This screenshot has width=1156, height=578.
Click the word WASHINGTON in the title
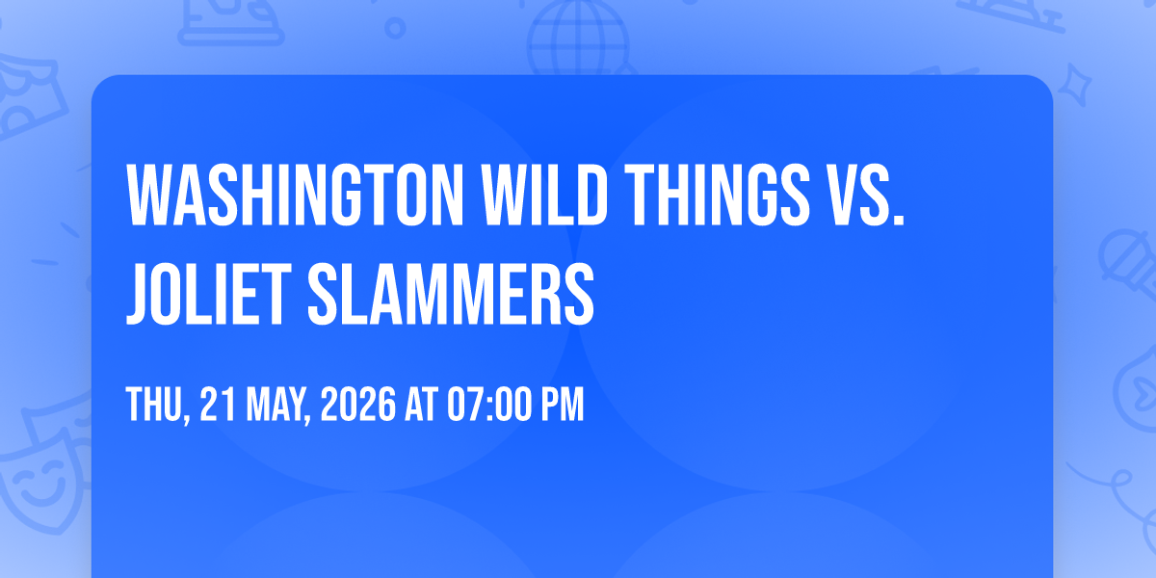pyautogui.click(x=295, y=195)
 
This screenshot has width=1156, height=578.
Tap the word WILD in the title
pyautogui.click(x=544, y=195)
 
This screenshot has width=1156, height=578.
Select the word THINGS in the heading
pyautogui.click(x=718, y=195)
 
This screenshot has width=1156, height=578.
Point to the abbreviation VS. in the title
pyautogui.click(x=867, y=195)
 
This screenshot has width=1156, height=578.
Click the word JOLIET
pyautogui.click(x=209, y=294)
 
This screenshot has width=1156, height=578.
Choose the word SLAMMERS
pyautogui.click(x=451, y=294)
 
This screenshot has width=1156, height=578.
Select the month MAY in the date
pyautogui.click(x=276, y=406)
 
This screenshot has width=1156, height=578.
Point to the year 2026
pyautogui.click(x=358, y=404)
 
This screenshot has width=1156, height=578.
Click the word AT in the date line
pyautogui.click(x=422, y=404)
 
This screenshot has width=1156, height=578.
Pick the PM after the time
pyautogui.click(x=562, y=404)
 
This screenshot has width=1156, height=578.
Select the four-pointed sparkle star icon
pyautogui.click(x=1074, y=85)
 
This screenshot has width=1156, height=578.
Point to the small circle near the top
pyautogui.click(x=395, y=28)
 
